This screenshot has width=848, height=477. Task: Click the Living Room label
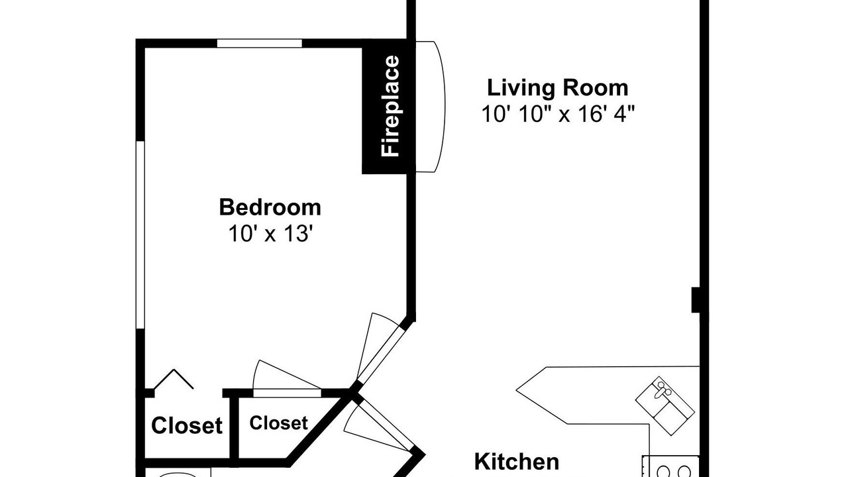(557, 88)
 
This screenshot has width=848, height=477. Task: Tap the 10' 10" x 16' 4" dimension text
(558, 113)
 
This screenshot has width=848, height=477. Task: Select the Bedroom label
(270, 207)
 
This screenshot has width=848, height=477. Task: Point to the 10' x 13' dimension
(270, 233)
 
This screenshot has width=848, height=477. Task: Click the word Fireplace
(390, 106)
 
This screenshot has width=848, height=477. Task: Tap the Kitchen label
(516, 462)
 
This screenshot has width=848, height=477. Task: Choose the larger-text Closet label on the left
(187, 425)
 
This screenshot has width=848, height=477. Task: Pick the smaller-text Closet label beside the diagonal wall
(279, 423)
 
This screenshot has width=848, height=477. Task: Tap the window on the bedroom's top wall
(259, 43)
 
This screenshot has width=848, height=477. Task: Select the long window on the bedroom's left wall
(140, 235)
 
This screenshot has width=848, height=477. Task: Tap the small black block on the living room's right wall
(696, 300)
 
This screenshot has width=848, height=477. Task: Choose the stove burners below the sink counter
(670, 468)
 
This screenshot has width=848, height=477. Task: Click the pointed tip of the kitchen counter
(516, 390)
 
